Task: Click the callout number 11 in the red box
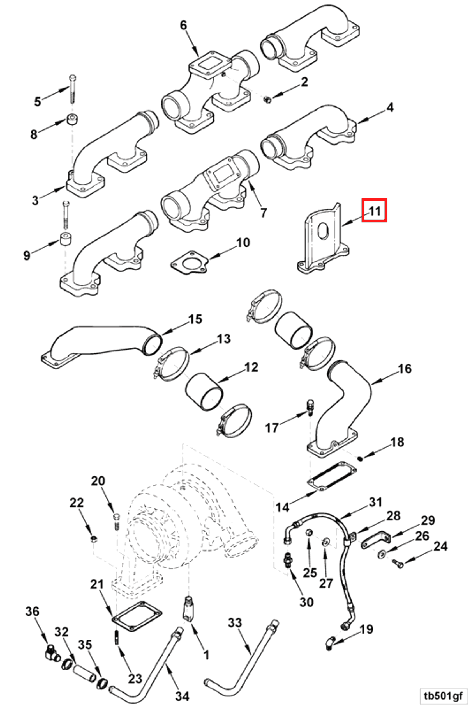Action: pos(374,211)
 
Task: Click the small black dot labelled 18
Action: pos(361,458)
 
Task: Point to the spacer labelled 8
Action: pos(71,120)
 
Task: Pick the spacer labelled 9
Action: pos(66,239)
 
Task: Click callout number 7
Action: pos(263,213)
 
